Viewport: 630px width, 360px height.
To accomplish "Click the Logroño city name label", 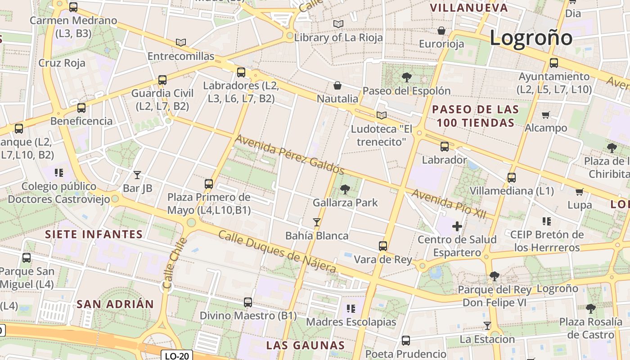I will point(531,37).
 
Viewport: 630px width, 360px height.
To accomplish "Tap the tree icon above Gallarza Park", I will point(345,189).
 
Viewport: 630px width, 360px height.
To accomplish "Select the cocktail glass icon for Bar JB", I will point(137,175).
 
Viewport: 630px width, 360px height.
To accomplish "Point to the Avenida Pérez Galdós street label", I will point(289,154).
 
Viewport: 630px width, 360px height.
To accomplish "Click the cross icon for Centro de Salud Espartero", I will point(457,226).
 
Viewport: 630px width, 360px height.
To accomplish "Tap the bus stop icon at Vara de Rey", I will point(383,246).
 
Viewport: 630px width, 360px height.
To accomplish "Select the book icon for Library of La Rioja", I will point(338,24).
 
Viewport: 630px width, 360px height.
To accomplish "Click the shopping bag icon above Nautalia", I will point(337,85).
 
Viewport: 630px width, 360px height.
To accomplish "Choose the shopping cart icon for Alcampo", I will point(546,115).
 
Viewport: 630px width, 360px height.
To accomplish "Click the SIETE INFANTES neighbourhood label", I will point(94,234).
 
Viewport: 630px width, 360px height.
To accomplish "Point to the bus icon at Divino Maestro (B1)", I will point(248,302).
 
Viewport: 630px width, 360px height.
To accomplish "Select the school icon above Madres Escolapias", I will point(351,309).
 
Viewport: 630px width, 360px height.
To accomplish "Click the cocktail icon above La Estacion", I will point(487,325).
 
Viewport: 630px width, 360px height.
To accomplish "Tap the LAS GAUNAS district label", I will point(305,346).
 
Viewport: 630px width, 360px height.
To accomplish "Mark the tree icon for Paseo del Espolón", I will point(406,77).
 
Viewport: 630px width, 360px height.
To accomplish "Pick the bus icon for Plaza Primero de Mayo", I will point(209,184).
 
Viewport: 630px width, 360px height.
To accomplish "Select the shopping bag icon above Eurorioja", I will point(441,31).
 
